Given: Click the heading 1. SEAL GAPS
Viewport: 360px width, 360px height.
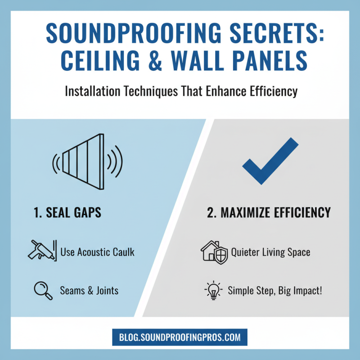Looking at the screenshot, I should [x=68, y=213].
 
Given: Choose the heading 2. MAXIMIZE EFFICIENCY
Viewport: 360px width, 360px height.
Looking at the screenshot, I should [x=269, y=213].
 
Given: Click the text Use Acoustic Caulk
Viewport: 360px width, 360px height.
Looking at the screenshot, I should [x=97, y=252].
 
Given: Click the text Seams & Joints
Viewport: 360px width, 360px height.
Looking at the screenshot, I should [x=90, y=290].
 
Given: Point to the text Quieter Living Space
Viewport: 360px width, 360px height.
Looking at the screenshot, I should [x=270, y=252].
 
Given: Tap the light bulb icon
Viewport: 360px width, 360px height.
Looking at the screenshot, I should [x=213, y=289].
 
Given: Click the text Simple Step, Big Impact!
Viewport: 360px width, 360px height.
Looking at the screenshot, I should [x=275, y=290].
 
